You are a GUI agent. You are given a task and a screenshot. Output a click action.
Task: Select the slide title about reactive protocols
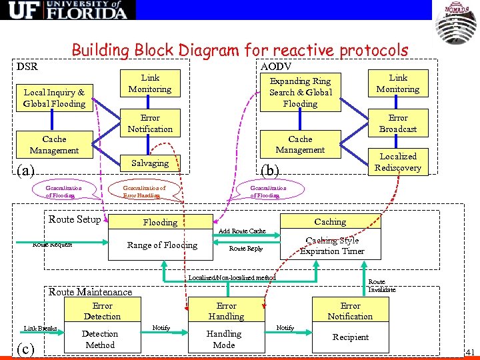(239, 50)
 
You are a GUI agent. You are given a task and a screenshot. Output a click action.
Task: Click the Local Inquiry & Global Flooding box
(54, 98)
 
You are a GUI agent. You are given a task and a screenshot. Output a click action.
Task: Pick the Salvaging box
(150, 163)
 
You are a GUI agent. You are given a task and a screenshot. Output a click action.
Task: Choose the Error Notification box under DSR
(150, 123)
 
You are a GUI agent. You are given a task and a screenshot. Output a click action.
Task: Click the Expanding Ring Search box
(300, 92)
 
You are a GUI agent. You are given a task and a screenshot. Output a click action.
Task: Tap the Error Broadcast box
(398, 123)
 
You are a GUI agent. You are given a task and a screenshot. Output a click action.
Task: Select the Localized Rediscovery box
(398, 162)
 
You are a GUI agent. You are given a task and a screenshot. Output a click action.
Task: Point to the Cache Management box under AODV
(300, 145)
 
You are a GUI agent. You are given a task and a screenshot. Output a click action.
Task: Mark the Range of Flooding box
(162, 245)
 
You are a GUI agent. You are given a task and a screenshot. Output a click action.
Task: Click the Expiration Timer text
(332, 251)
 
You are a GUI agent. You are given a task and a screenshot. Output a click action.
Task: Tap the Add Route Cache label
(242, 231)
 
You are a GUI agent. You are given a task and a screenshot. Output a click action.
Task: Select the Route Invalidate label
(382, 286)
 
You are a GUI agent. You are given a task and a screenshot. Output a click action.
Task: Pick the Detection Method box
(100, 339)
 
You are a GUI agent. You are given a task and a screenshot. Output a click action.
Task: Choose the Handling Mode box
(224, 339)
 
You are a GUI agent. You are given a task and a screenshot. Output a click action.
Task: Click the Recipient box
(351, 337)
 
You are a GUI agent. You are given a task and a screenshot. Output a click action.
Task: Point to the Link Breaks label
(41, 328)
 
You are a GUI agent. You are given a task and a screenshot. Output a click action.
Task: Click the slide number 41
(469, 351)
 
